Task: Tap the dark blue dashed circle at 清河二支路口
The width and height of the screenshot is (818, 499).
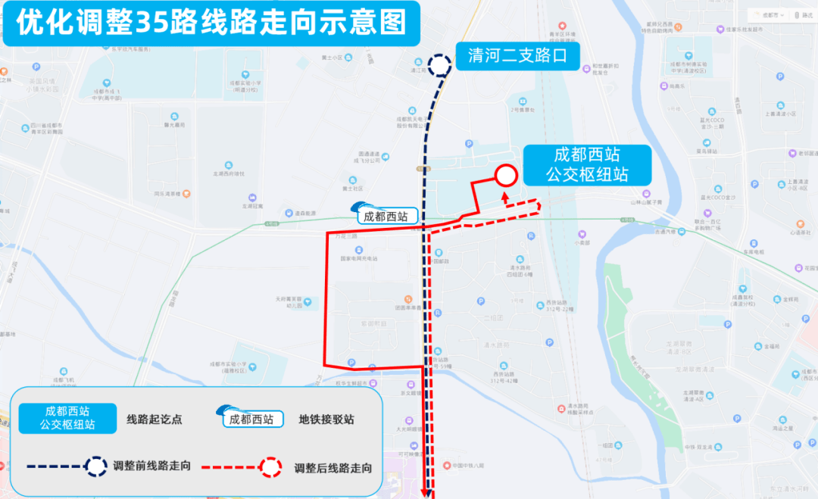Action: click(x=439, y=64)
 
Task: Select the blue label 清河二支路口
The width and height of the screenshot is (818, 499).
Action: click(x=517, y=56)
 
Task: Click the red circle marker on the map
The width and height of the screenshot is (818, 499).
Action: click(x=506, y=176)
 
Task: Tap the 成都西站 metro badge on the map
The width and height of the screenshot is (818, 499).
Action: click(x=385, y=215)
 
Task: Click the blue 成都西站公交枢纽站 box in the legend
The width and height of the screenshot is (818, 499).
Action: click(x=68, y=418)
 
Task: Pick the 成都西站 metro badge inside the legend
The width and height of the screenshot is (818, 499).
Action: click(x=251, y=418)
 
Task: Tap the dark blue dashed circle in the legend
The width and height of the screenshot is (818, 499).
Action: click(x=96, y=466)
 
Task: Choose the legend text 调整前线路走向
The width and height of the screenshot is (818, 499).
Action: click(x=151, y=466)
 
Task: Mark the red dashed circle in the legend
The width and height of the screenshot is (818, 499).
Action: click(x=270, y=466)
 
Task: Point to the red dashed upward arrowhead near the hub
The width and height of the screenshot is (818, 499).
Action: click(x=505, y=195)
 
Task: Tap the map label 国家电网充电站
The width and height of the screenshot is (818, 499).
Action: click(x=357, y=258)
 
